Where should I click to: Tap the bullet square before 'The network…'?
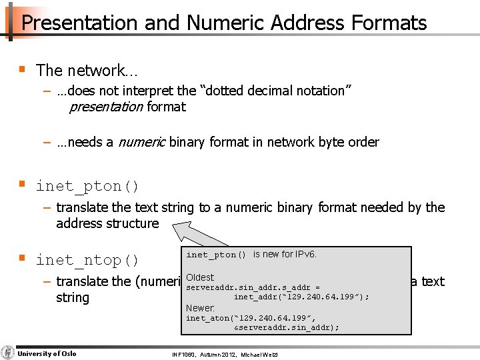tap(23, 69)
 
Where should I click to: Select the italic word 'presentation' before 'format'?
tap(105, 107)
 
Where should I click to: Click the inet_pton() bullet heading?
tap(87, 185)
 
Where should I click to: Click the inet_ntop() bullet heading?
tap(87, 260)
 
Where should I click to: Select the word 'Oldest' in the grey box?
tap(200, 277)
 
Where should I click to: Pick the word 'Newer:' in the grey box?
tap(200, 308)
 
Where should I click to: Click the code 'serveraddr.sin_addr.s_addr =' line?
tap(253, 288)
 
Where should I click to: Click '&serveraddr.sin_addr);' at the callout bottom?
tap(287, 327)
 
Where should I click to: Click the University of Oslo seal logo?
tap(8, 353)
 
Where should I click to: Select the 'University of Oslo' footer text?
tap(47, 353)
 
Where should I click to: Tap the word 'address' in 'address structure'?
tap(79, 223)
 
